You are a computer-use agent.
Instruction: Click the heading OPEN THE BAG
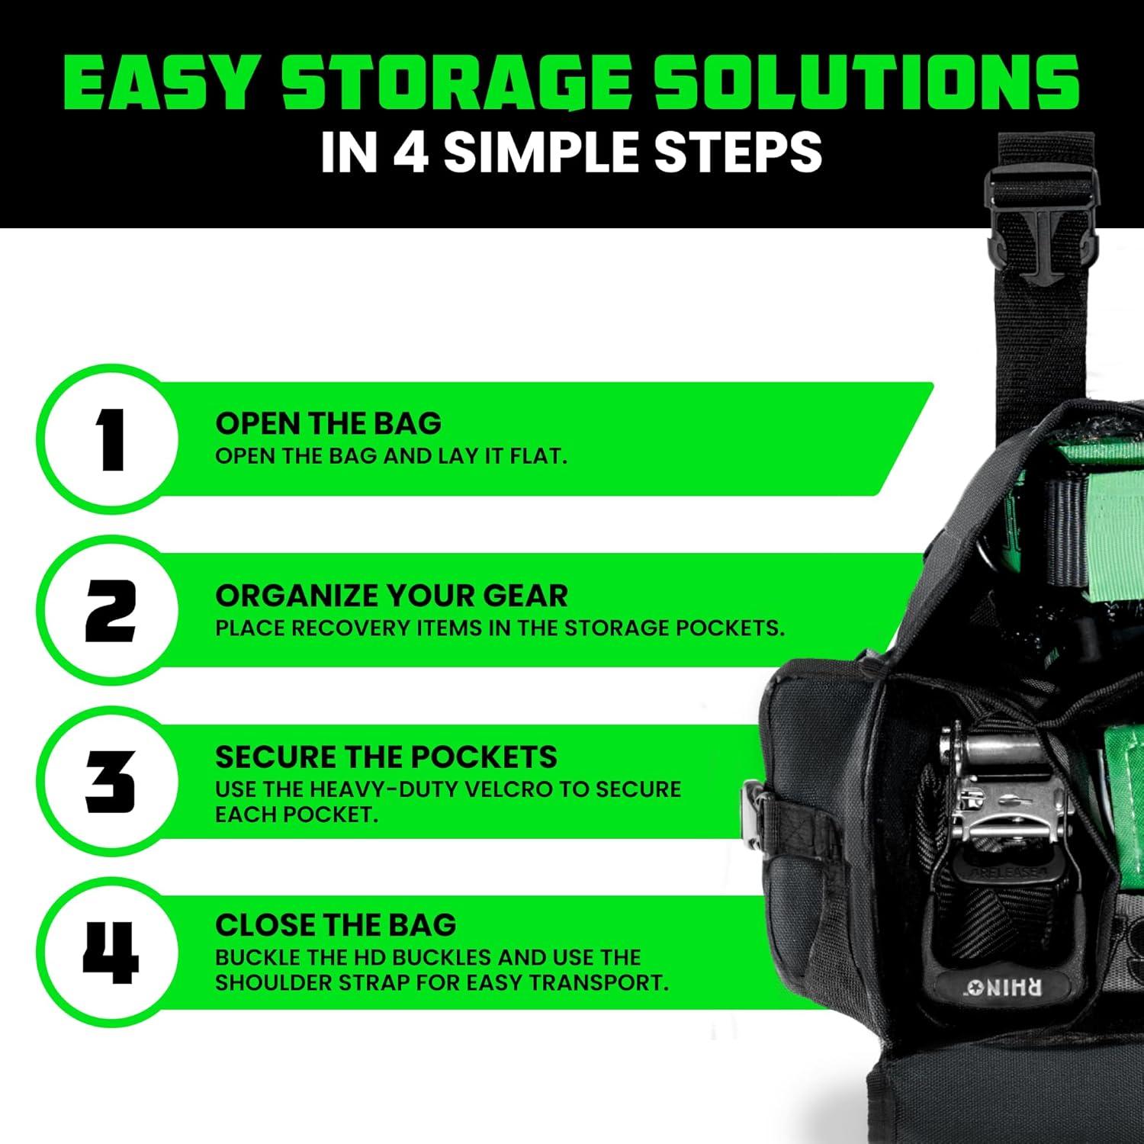[328, 423]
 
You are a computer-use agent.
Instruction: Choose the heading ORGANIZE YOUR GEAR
[391, 596]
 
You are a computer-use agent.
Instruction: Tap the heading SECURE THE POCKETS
[386, 757]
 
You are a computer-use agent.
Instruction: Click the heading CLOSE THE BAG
[336, 925]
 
